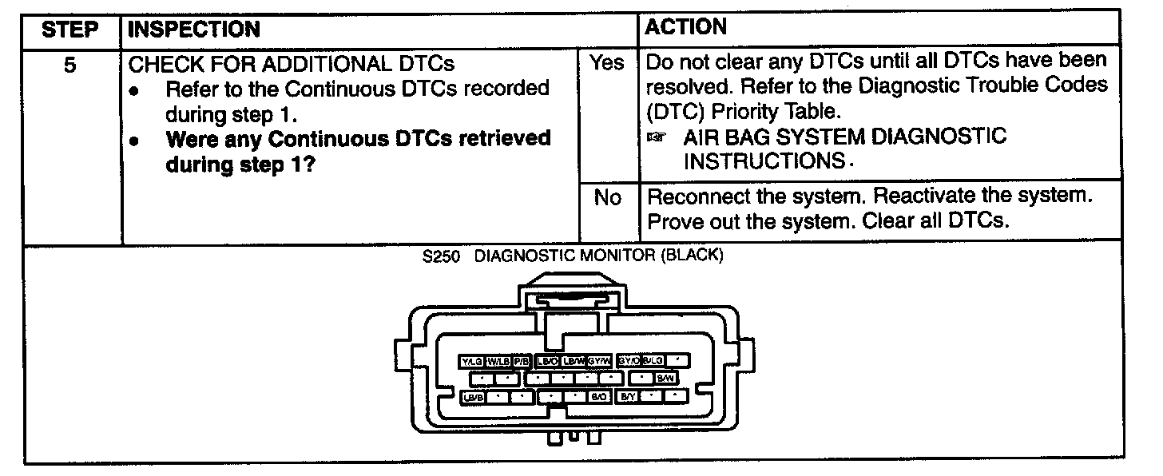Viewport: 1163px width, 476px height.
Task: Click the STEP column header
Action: coord(69,30)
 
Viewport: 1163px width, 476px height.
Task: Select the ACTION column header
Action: coord(685,27)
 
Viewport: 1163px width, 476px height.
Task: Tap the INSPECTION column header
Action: coord(194,30)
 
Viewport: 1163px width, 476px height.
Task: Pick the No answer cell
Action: coord(608,197)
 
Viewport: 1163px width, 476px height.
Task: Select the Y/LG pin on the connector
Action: coord(471,361)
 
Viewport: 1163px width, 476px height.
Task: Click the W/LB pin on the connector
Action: coord(498,361)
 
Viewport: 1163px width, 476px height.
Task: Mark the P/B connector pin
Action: coord(522,361)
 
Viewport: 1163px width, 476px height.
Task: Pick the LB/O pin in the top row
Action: coord(548,361)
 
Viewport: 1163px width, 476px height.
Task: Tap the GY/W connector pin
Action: coord(599,361)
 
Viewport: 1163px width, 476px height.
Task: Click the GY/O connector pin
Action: coord(629,361)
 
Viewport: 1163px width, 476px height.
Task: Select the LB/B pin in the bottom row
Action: coord(473,395)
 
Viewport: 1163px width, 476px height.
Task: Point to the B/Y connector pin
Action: coord(628,395)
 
